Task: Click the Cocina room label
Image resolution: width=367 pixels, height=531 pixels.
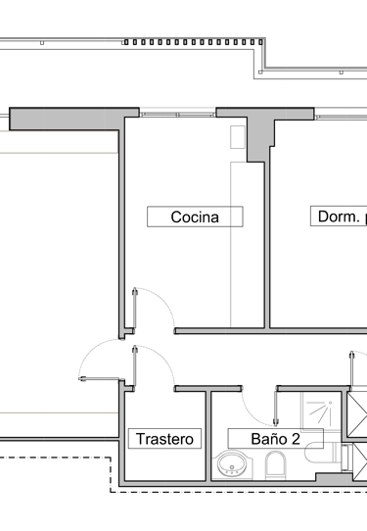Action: [194, 217]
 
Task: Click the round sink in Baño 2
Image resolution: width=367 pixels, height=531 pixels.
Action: [234, 465]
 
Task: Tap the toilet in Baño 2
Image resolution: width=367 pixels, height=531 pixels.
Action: [276, 465]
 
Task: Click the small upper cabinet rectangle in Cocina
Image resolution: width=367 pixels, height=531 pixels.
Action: [236, 138]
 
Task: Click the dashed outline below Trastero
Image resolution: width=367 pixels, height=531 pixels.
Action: [196, 490]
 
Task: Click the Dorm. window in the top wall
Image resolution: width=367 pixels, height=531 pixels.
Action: [333, 113]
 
